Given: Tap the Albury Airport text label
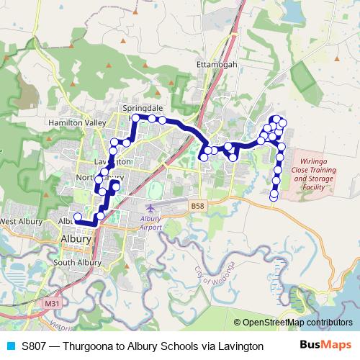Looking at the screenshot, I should coord(151,222).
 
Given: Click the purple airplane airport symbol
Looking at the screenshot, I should coord(150,208).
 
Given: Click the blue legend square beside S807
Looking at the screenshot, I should coord(10,346).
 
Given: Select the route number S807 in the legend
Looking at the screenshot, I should coord(35,346).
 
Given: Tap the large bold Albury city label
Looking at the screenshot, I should coord(76,239).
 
